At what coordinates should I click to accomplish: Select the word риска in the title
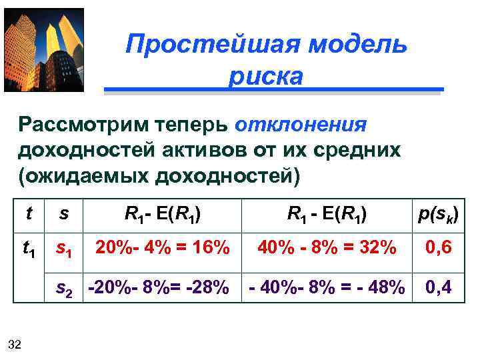265,76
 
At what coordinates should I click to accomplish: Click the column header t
29,214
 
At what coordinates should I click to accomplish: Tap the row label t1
29,249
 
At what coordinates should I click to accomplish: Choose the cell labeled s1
64,249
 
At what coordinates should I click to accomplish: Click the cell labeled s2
64,288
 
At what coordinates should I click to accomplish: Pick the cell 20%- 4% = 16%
163,248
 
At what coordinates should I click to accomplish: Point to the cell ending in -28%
159,288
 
